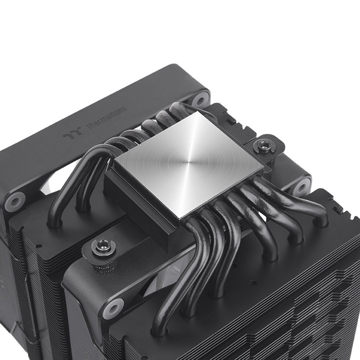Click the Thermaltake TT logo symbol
(69, 134)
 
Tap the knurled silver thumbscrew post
(104, 262)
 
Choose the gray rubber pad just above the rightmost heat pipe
(301, 185)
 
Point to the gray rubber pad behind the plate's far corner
(200, 98)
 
